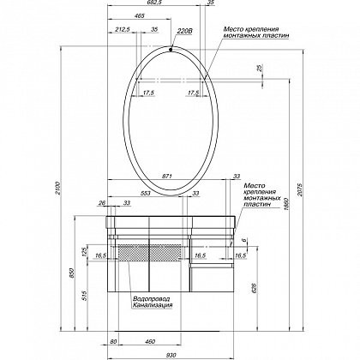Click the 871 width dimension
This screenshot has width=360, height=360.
tap(168, 176)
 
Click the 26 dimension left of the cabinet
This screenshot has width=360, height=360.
tap(102, 203)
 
